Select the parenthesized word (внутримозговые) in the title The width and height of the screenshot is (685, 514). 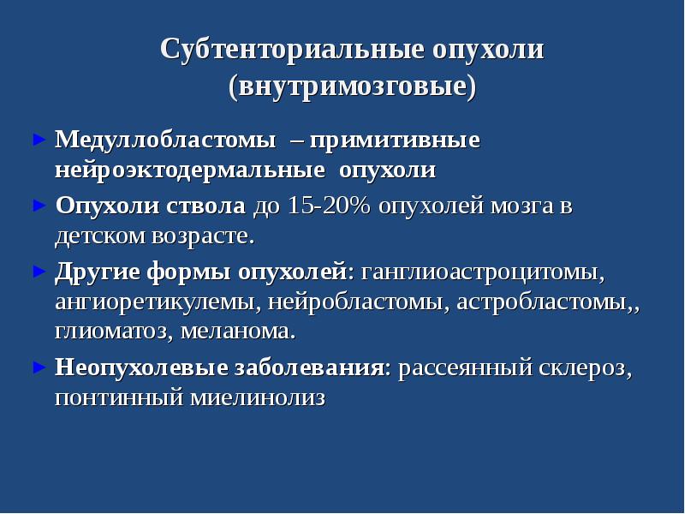pyautogui.click(x=352, y=87)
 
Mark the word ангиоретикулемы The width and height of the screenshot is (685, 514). pyautogui.click(x=157, y=302)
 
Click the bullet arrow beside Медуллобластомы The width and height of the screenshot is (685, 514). pyautogui.click(x=37, y=139)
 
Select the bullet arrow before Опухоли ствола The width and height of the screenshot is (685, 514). pyautogui.click(x=37, y=206)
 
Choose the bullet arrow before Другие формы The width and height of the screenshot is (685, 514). pyautogui.click(x=37, y=272)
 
